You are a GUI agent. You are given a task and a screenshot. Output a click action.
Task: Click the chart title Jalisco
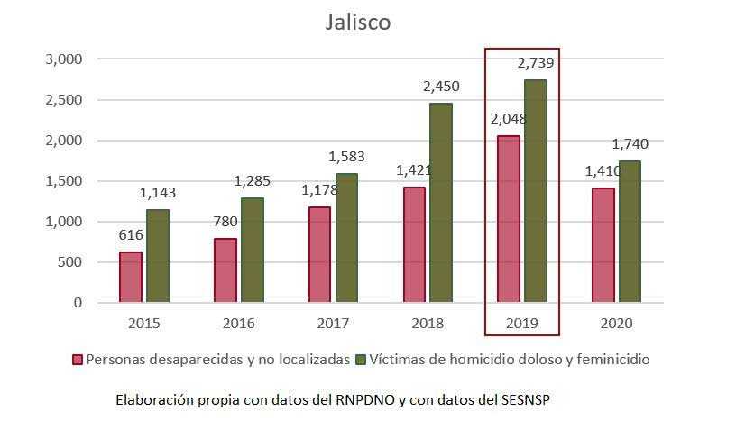[x=358, y=23]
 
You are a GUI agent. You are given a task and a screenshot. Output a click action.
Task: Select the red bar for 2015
[x=131, y=277]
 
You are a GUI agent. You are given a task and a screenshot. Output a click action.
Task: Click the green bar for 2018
[x=441, y=203]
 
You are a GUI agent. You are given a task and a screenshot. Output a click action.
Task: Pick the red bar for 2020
[x=603, y=245]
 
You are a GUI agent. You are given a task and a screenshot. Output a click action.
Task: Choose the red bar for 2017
[x=319, y=254]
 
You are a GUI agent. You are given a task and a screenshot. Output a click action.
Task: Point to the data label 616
[x=131, y=235]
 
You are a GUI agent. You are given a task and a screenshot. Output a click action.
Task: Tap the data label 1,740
[x=630, y=144]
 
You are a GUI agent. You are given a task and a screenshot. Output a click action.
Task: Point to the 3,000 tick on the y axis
[x=64, y=59]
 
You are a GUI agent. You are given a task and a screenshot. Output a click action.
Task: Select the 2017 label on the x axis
[x=333, y=322]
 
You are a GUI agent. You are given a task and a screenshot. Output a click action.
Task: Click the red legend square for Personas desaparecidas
[x=78, y=360]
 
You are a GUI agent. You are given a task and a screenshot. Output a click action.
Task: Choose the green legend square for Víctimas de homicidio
[x=362, y=360]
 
